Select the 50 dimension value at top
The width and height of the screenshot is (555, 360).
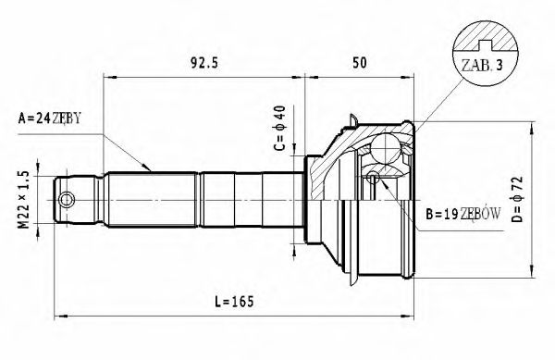[x=361, y=64]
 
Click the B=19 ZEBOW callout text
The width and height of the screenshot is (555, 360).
[x=462, y=215]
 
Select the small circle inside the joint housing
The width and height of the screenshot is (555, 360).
[x=373, y=176]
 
